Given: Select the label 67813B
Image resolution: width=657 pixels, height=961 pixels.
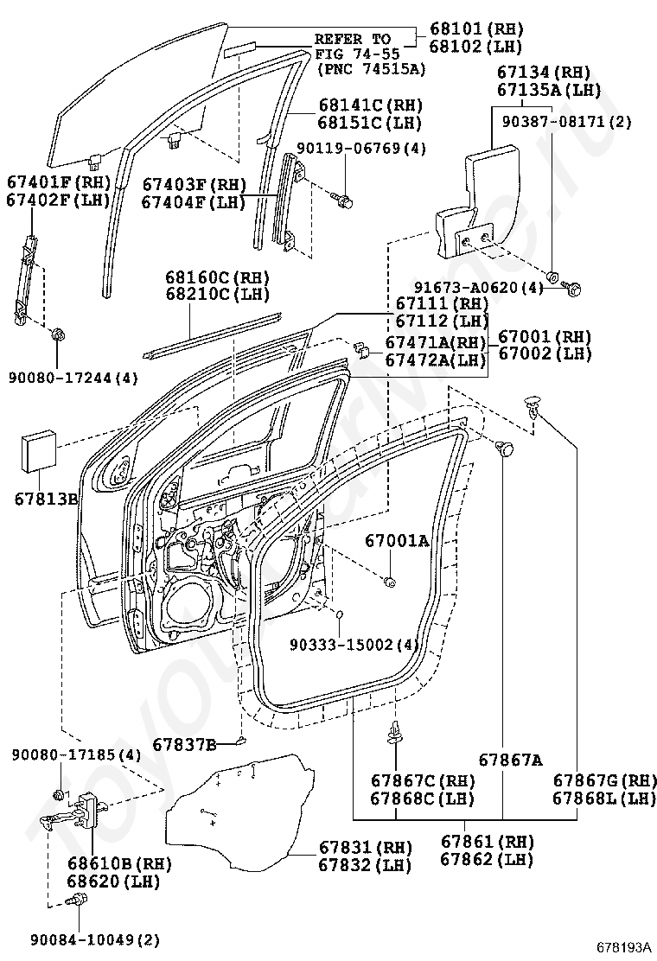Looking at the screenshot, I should coord(46,499).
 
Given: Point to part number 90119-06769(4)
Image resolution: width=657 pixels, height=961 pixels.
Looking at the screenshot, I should coord(361,149).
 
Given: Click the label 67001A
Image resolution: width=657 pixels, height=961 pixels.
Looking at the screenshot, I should coord(397,541).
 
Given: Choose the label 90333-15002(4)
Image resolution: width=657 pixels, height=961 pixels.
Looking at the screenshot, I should coord(354,645).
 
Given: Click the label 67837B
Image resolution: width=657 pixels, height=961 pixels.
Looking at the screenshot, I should coord(184,743).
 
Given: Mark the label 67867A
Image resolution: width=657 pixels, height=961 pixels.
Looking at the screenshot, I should coord(511,760).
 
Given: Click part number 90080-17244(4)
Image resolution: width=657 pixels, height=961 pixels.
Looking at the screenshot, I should coord(74,377).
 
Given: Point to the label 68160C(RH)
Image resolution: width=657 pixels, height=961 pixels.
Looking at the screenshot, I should coord(218,277).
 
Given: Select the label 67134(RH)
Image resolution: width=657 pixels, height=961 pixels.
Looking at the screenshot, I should coord(543,72).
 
